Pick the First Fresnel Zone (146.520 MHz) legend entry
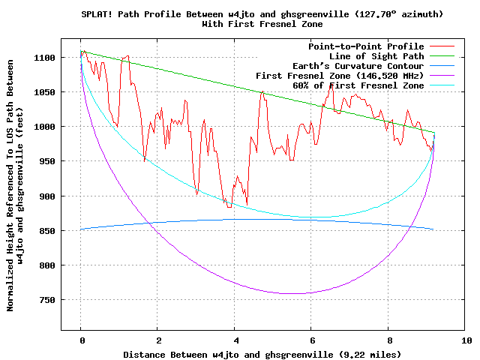[x=340, y=76]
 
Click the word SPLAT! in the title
[x=95, y=14]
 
